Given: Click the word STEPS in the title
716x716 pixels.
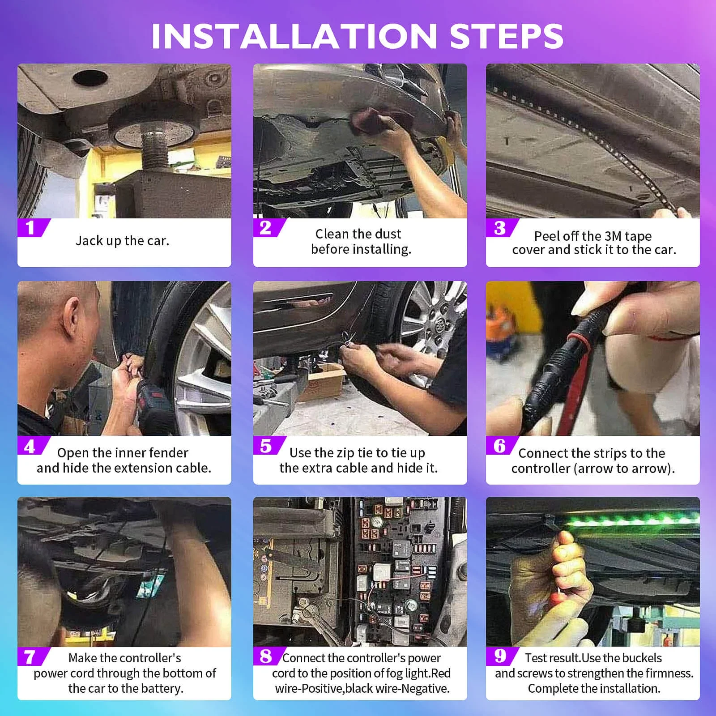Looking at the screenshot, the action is [507, 36].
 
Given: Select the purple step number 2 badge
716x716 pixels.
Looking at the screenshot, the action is [269, 228].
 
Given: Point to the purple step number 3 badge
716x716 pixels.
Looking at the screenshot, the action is [502, 228].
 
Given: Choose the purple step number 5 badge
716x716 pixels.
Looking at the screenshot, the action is [269, 445].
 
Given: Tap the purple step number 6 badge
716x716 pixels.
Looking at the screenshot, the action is [502, 445].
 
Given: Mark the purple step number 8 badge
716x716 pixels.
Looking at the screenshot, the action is [269, 656].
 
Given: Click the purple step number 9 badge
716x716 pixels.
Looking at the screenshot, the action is [502, 656].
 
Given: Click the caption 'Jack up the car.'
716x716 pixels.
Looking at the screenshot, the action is [122, 241].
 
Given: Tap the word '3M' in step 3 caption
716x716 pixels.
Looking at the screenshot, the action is [613, 235].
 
